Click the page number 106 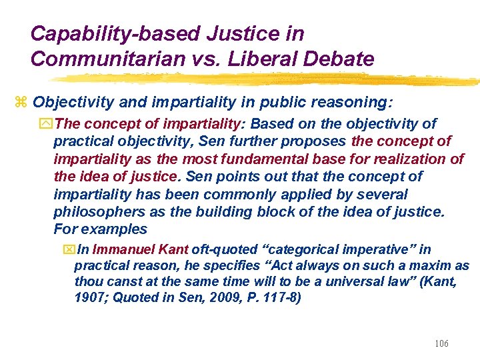click(x=441, y=343)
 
